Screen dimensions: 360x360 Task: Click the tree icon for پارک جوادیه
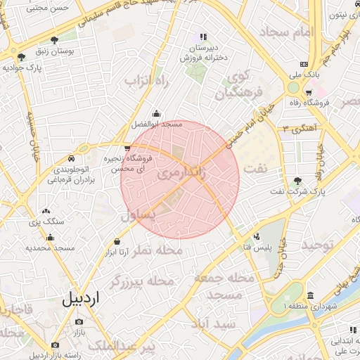[22, 57]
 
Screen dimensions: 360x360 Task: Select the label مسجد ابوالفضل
[156, 124]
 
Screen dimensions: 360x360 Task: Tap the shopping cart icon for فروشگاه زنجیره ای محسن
[127, 148]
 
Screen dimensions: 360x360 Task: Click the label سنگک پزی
[46, 222]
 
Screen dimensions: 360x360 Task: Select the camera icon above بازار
[78, 321]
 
